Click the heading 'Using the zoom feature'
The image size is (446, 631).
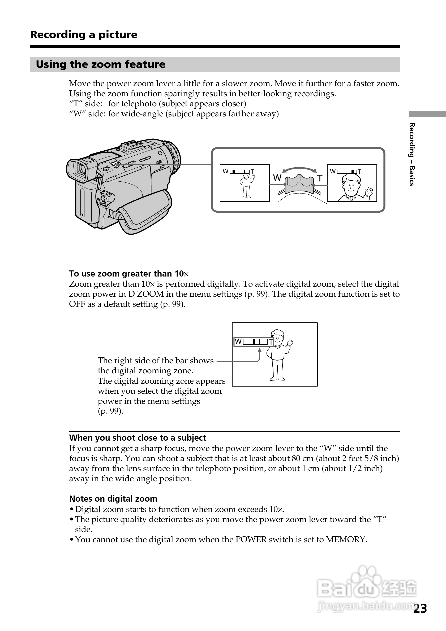pyautogui.click(x=100, y=64)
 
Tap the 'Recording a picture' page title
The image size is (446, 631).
pyautogui.click(x=84, y=35)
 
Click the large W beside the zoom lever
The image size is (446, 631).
pyautogui.click(x=277, y=178)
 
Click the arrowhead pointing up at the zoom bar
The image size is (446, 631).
pyautogui.click(x=259, y=350)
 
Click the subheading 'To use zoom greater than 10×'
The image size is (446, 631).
pyautogui.click(x=129, y=274)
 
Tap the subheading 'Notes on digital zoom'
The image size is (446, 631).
pyautogui.click(x=113, y=499)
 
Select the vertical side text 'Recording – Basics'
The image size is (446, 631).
pyautogui.click(x=412, y=155)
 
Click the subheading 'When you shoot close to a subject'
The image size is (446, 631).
pyautogui.click(x=138, y=438)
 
